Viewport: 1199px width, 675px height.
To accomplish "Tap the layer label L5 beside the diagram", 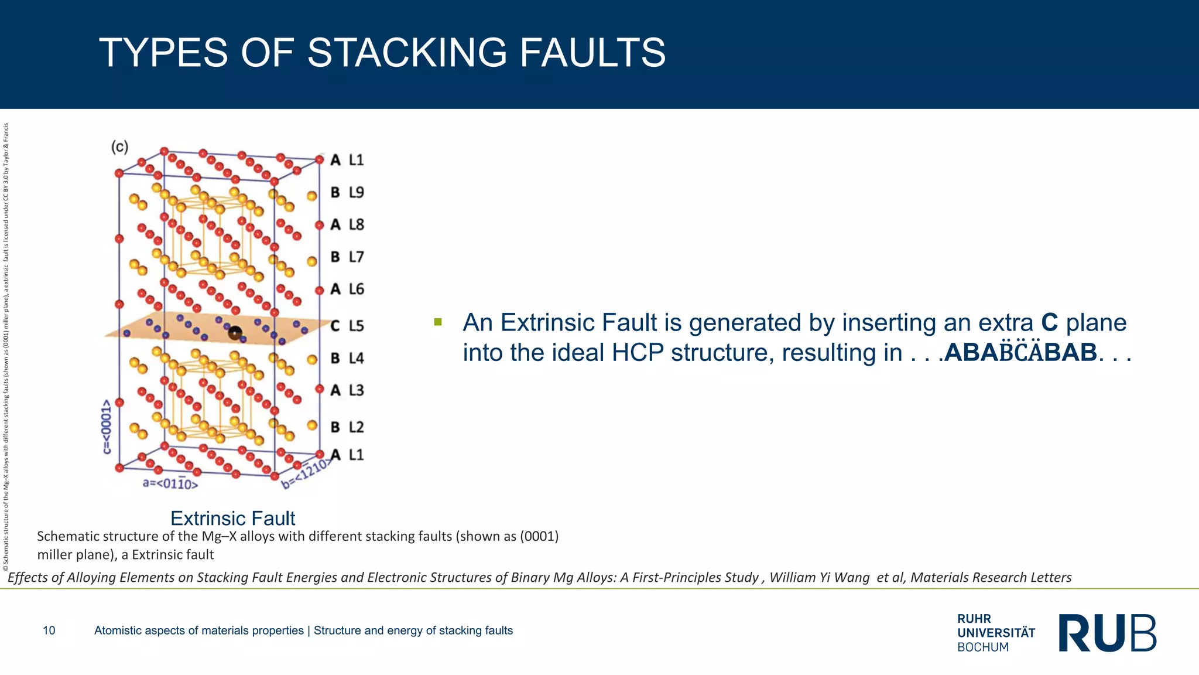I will click(x=356, y=326).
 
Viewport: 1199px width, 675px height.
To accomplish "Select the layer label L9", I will click(x=356, y=192).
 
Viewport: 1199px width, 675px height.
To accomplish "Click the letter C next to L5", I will click(x=335, y=326).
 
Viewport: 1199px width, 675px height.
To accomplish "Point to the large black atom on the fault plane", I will click(x=235, y=333).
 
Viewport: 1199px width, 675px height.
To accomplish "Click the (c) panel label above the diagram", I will click(x=120, y=146).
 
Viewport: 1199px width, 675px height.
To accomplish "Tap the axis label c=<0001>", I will click(x=107, y=427).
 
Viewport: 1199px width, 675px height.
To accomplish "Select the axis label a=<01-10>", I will click(x=170, y=484).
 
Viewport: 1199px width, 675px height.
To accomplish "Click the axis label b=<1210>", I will click(x=306, y=475).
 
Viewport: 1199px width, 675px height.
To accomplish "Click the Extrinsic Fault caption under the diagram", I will click(x=232, y=519).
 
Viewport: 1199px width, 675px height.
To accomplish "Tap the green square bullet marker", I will click(x=438, y=322).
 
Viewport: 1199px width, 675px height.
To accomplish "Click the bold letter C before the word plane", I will click(x=1050, y=323).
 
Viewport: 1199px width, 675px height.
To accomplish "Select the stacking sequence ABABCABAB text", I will click(x=1020, y=353).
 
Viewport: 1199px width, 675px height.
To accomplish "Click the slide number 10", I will click(x=49, y=630).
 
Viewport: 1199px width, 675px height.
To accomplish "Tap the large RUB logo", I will click(x=1107, y=633).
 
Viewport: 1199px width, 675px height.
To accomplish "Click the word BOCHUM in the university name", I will click(x=983, y=647).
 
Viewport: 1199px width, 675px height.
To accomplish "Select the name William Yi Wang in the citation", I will click(x=819, y=578).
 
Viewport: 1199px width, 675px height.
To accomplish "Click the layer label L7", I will click(x=356, y=257).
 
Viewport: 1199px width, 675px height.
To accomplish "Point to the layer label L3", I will click(x=356, y=390).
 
